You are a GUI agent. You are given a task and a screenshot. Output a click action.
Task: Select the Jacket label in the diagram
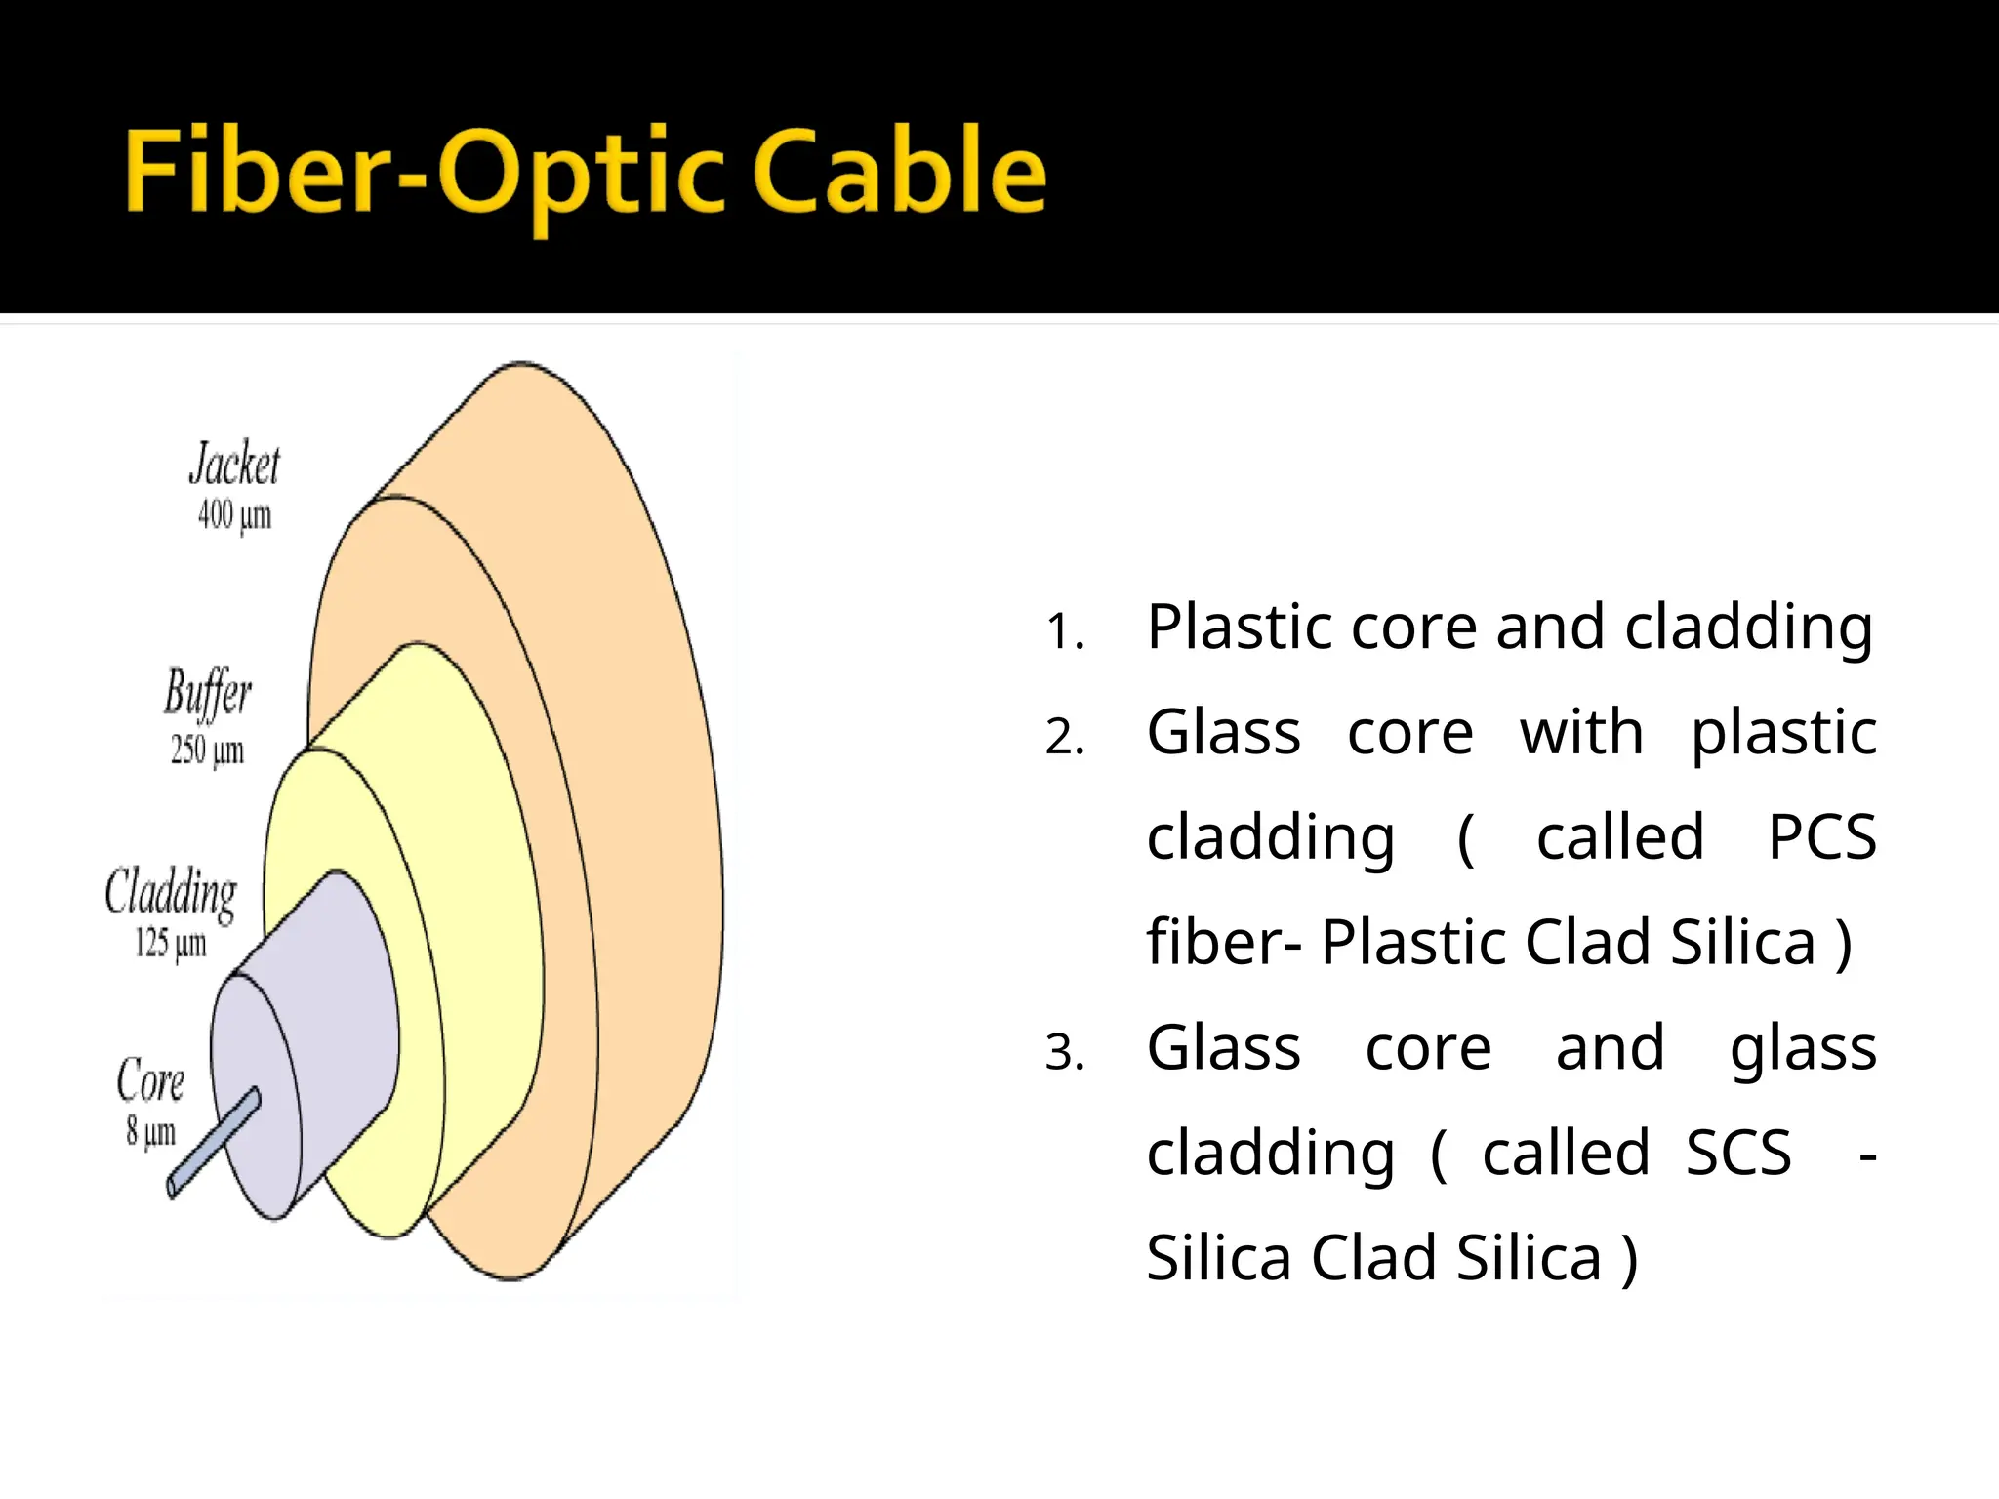tap(234, 464)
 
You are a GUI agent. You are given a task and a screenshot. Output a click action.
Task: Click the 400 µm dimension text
tap(234, 514)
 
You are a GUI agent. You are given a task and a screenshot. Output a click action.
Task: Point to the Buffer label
tap(207, 693)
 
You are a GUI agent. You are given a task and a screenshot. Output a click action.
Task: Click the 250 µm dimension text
tap(207, 749)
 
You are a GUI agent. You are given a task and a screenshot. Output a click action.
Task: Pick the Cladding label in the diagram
tap(171, 892)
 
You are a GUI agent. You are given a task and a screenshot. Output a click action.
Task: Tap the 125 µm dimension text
tap(171, 943)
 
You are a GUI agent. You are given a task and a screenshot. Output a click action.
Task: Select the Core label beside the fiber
tap(150, 1080)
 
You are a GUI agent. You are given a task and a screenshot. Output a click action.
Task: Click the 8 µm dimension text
tap(150, 1132)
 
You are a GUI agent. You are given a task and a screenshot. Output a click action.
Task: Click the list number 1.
tap(1064, 631)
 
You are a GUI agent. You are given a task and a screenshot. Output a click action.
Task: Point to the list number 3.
tap(1064, 1053)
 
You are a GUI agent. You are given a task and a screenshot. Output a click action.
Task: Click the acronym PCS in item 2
tap(1821, 837)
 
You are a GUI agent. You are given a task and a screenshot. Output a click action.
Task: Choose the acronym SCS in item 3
tap(1738, 1154)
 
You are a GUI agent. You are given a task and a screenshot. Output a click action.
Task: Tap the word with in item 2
tap(1581, 732)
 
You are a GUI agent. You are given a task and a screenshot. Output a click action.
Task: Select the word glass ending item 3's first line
tap(1802, 1050)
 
